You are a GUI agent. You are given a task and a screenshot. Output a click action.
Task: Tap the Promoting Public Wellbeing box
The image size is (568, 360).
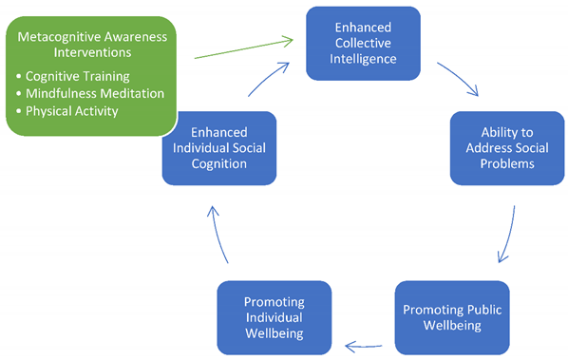[451, 317]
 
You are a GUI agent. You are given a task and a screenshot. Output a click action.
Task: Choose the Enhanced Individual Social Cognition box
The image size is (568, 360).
[218, 147]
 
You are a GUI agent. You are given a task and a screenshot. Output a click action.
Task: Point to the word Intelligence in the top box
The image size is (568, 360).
[363, 58]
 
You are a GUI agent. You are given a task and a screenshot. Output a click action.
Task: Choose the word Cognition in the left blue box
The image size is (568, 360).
[218, 163]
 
